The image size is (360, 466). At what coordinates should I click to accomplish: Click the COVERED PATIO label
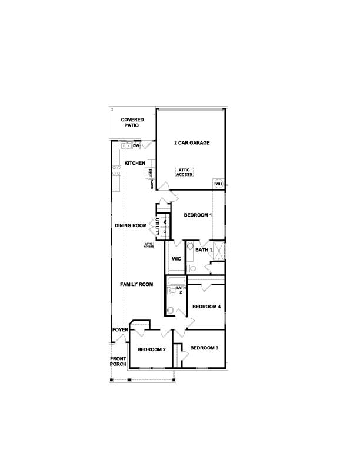pyautogui.click(x=133, y=122)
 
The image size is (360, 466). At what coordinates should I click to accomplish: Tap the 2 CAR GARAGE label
pyautogui.click(x=192, y=143)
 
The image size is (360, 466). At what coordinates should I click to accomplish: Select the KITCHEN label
pyautogui.click(x=135, y=163)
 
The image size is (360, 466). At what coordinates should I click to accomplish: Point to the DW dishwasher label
pyautogui.click(x=136, y=145)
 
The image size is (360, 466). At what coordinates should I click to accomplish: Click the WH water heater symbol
pyautogui.click(x=218, y=184)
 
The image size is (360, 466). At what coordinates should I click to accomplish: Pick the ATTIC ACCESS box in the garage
pyautogui.click(x=185, y=172)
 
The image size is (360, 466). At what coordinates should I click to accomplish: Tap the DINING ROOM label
pyautogui.click(x=131, y=225)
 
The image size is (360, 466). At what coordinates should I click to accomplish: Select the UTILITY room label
pyautogui.click(x=157, y=227)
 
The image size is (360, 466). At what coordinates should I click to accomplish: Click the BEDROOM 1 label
pyautogui.click(x=198, y=215)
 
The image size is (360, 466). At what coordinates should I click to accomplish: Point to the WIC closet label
pyautogui.click(x=176, y=259)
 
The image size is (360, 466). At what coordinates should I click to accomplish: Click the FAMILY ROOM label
pyautogui.click(x=136, y=285)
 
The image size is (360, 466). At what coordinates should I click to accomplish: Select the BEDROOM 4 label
pyautogui.click(x=206, y=307)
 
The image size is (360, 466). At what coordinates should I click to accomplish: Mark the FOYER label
pyautogui.click(x=120, y=330)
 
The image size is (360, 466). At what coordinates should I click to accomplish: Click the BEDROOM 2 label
pyautogui.click(x=152, y=349)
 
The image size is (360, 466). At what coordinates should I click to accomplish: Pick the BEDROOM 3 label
pyautogui.click(x=205, y=348)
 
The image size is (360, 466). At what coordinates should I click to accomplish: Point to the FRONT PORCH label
pyautogui.click(x=118, y=361)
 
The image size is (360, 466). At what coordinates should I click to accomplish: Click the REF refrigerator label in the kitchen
pyautogui.click(x=151, y=173)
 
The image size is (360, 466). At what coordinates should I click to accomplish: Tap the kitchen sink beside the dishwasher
pyautogui.click(x=125, y=145)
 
